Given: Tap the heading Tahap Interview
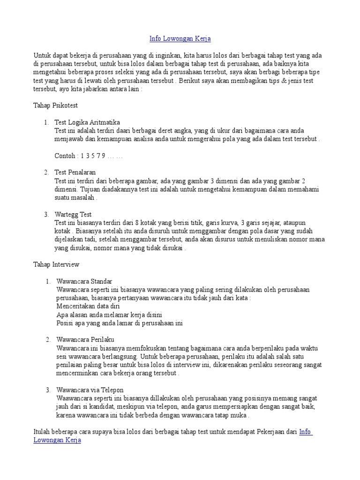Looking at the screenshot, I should (56, 264).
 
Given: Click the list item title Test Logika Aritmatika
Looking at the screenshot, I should (88, 122).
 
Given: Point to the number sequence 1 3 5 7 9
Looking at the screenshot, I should (93, 156).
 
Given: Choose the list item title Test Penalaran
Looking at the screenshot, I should (75, 172).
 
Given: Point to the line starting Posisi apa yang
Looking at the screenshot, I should (119, 323).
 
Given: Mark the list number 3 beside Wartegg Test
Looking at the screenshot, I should (47, 214).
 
